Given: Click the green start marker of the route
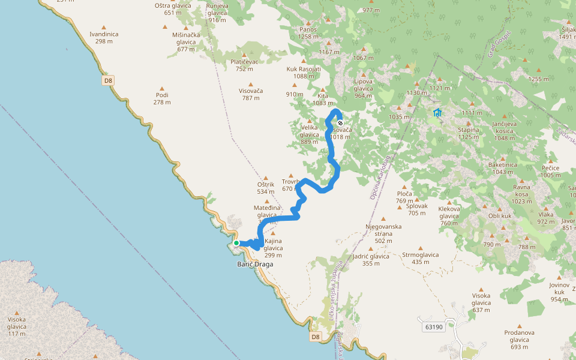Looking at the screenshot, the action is (x=236, y=243).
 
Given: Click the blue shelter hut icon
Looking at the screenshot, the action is (x=437, y=112).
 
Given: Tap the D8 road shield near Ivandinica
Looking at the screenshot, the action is (x=108, y=80).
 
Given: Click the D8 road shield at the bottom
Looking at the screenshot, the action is (x=316, y=337).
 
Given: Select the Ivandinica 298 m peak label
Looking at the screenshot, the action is (x=104, y=38).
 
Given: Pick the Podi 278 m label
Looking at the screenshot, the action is (x=162, y=98).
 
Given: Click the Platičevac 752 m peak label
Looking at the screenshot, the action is (x=244, y=65).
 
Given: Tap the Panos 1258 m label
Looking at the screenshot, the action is (x=308, y=32).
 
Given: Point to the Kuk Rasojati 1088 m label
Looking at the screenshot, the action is (x=304, y=73).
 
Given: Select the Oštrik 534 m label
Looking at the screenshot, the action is (x=265, y=188).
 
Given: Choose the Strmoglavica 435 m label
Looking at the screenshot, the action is (x=420, y=258).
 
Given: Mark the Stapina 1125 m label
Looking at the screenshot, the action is (x=469, y=133).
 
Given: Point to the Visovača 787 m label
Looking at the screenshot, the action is (x=251, y=94).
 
